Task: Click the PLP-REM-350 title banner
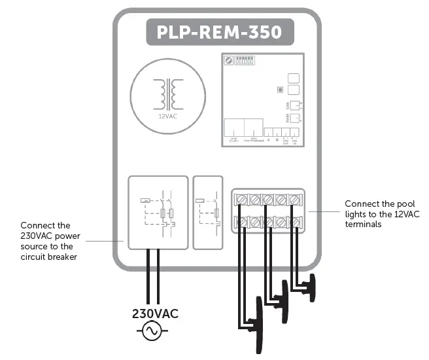tap(219, 31)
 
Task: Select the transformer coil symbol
tap(167, 94)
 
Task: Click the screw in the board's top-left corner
tap(229, 60)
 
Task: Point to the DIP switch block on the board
tap(244, 59)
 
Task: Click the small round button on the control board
tap(279, 89)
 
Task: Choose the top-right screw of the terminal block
tap(295, 198)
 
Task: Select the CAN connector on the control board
tap(294, 105)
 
